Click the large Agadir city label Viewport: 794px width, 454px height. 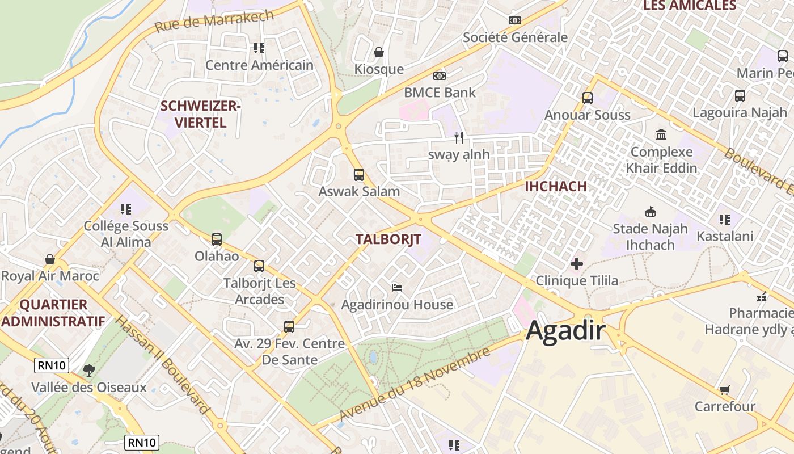(x=565, y=331)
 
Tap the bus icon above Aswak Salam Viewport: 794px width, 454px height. (x=358, y=175)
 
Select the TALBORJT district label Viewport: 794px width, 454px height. (x=388, y=239)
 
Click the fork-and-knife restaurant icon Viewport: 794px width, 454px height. (x=459, y=137)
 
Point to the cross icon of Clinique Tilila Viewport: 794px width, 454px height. (x=577, y=264)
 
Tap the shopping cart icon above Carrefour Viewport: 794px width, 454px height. (x=724, y=390)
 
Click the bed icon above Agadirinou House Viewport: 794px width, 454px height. (x=397, y=288)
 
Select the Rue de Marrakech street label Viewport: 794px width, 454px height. (x=214, y=21)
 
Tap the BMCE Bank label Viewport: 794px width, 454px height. (x=440, y=92)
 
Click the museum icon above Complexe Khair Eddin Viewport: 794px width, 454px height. (x=661, y=135)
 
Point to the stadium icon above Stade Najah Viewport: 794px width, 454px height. (x=650, y=212)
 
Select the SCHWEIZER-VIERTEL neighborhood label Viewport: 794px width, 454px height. (x=201, y=114)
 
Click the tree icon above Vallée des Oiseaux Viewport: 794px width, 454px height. (x=88, y=371)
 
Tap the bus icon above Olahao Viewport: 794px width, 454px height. (x=216, y=239)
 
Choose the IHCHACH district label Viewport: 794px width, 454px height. (x=556, y=187)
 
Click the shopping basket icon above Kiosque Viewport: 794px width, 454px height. (x=379, y=53)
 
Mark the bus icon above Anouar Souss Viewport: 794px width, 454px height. (x=588, y=98)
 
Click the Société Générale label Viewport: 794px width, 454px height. (x=515, y=37)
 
